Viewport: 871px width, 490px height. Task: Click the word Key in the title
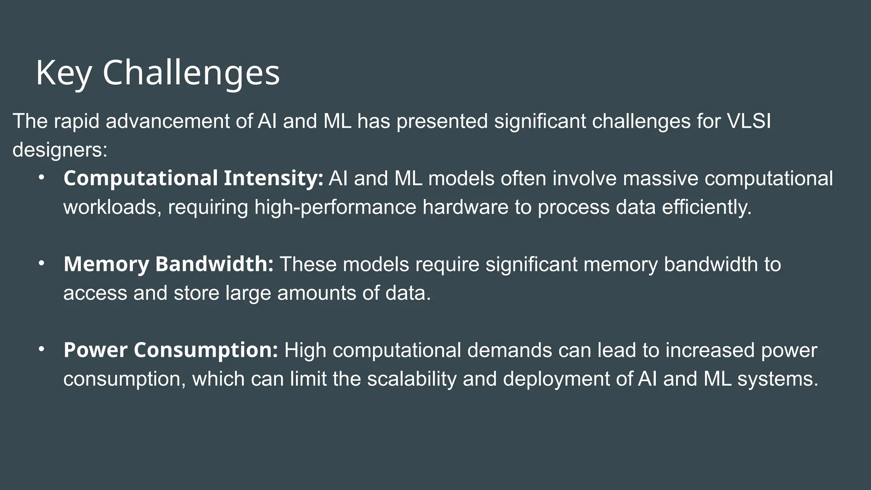[63, 73]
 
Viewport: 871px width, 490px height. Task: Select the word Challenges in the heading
[191, 73]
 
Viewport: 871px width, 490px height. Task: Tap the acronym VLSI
[749, 121]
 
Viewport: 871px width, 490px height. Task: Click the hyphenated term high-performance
[335, 207]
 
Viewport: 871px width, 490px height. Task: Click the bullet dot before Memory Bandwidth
[41, 263]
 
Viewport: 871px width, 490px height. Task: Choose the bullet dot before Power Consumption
[41, 349]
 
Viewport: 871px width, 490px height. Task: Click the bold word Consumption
[206, 350]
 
